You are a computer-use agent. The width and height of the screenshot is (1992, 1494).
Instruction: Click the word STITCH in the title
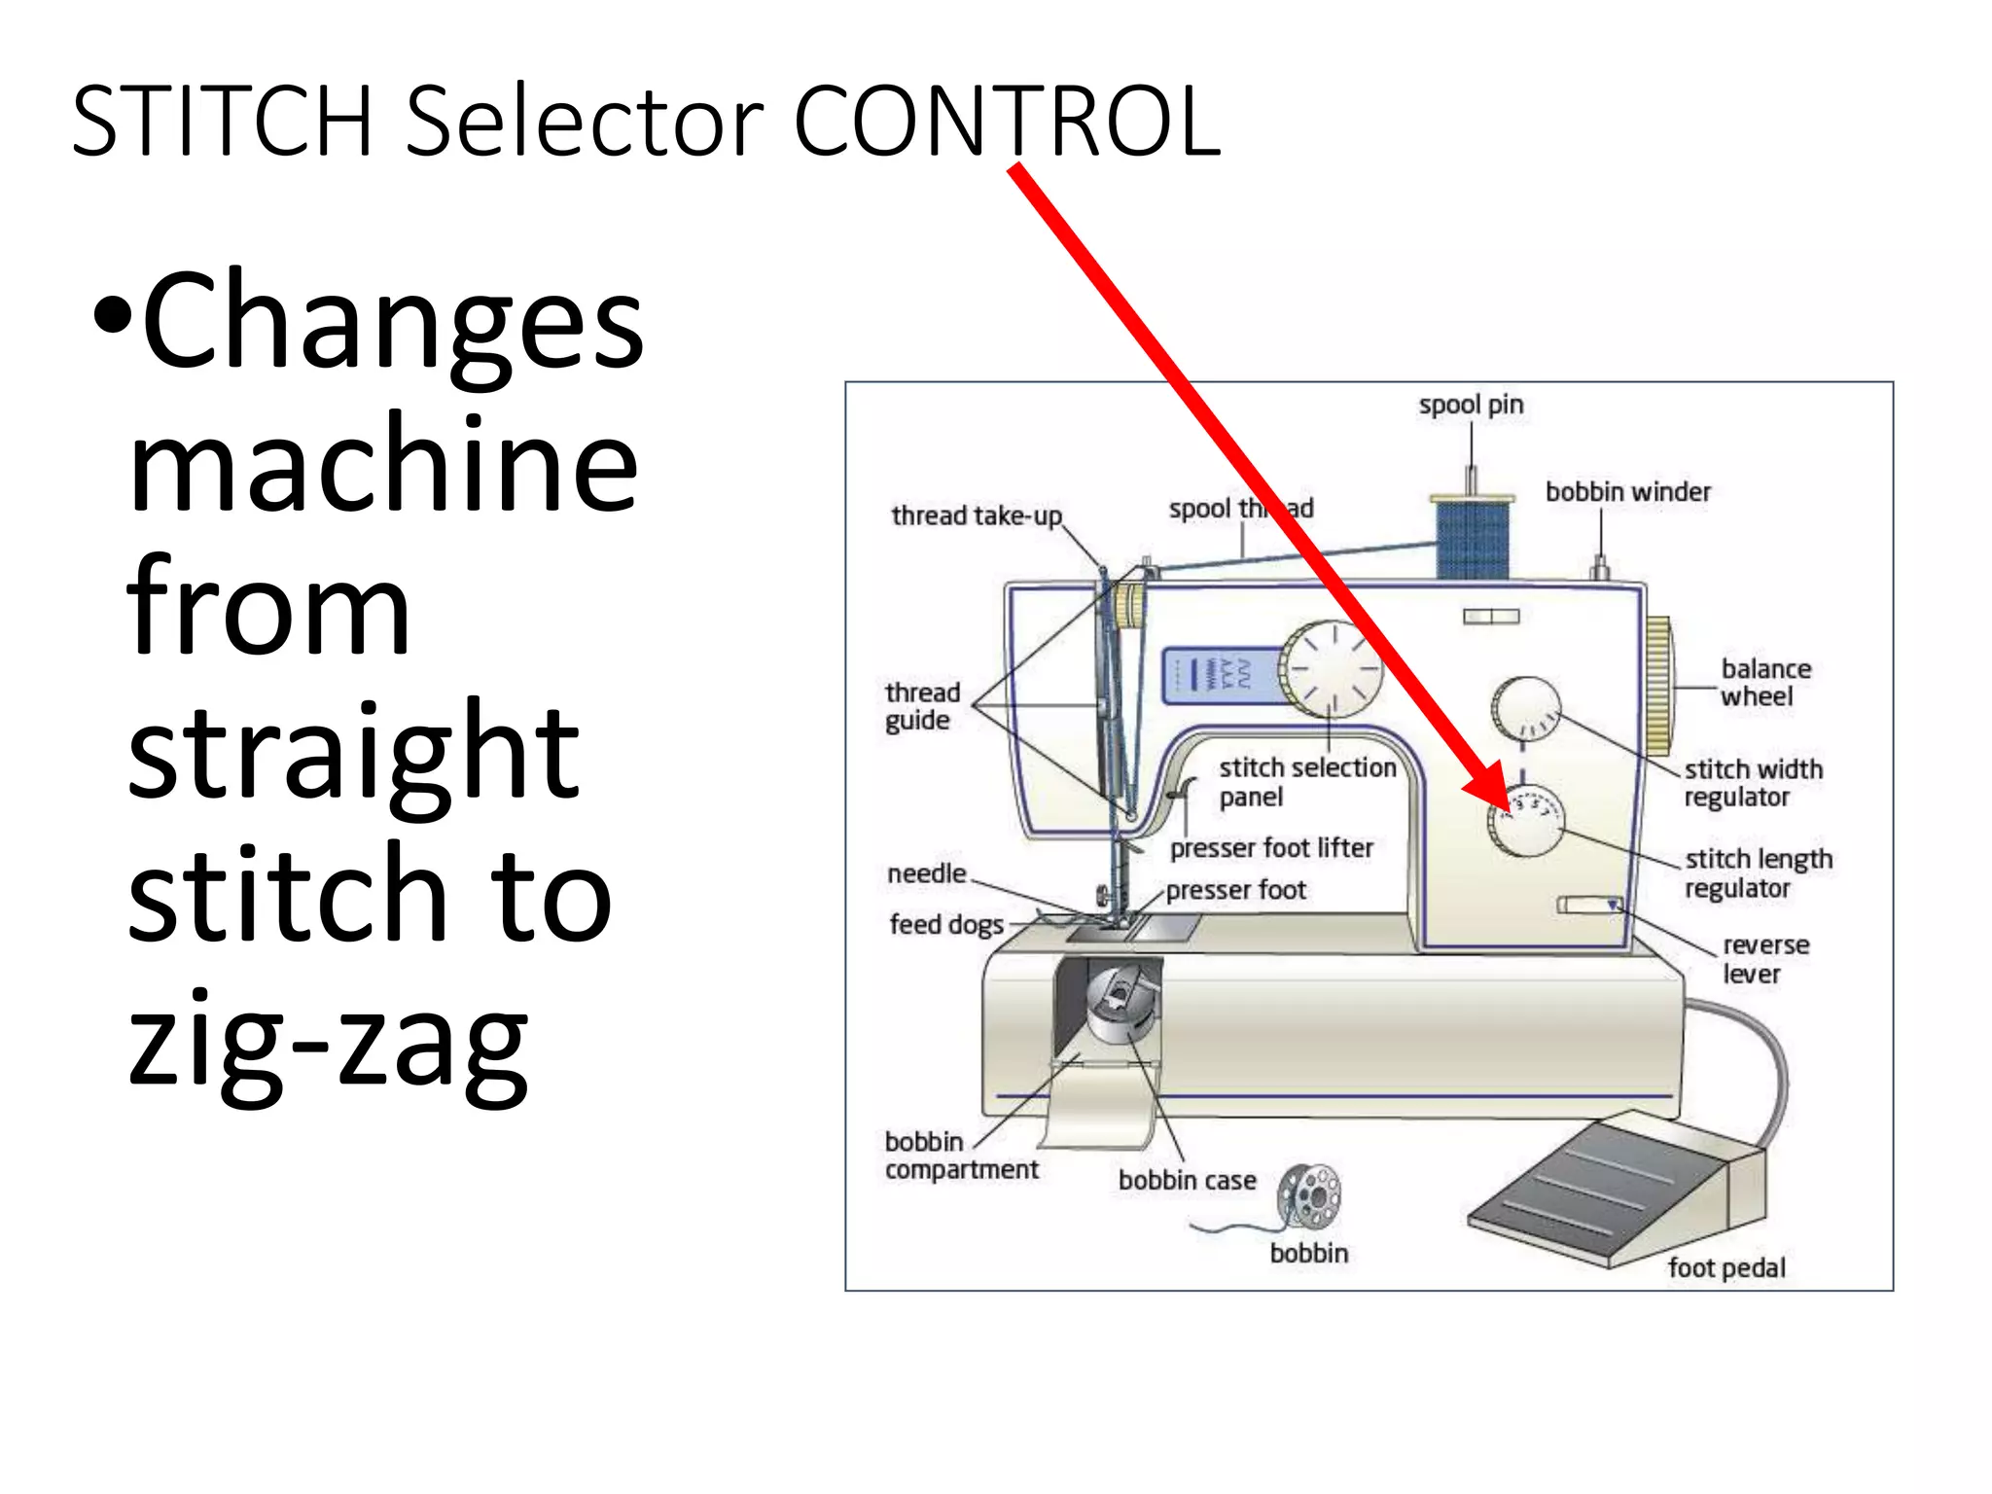[x=222, y=121]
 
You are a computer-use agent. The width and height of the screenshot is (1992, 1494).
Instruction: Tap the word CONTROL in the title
[x=1007, y=121]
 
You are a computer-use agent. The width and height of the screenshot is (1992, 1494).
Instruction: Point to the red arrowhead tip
[x=1508, y=809]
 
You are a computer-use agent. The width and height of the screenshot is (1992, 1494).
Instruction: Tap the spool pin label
[x=1471, y=405]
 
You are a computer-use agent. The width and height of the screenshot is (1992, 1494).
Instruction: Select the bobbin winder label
[x=1627, y=492]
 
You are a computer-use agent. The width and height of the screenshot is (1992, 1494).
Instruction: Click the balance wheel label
[x=1764, y=683]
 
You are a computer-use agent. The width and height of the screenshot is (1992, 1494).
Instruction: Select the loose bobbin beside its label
[x=1309, y=1197]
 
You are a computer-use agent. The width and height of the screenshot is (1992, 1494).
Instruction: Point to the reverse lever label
[x=1764, y=959]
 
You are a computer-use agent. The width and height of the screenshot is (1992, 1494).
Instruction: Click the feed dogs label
[x=945, y=924]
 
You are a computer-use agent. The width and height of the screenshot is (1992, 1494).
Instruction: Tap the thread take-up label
[x=976, y=516]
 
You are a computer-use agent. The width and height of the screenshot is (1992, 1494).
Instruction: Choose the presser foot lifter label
[x=1270, y=848]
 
